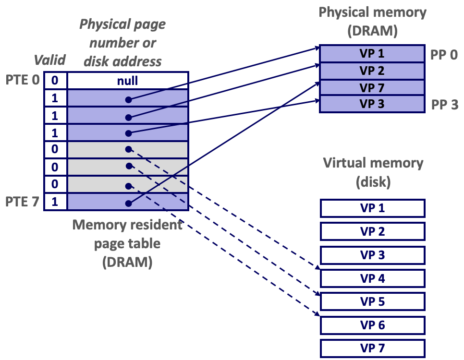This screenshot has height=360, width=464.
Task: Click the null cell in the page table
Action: click(128, 81)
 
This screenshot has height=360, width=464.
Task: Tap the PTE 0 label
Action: click(23, 80)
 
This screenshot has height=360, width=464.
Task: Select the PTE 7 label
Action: click(23, 202)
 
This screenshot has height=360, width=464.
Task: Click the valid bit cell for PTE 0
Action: click(55, 81)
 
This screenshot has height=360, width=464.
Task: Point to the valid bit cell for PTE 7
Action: click(55, 202)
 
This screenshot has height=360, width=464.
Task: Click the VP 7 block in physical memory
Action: click(372, 88)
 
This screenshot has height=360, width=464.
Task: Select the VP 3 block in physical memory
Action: click(372, 104)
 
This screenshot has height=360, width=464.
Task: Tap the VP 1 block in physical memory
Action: click(372, 54)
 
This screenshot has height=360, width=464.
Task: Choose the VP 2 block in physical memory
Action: click(372, 71)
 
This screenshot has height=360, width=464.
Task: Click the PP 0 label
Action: click(444, 54)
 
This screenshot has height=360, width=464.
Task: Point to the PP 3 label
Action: click(444, 104)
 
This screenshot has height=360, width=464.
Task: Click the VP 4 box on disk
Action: click(372, 278)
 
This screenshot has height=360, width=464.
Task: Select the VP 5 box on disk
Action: click(372, 302)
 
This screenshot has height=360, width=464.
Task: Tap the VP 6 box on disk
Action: click(372, 325)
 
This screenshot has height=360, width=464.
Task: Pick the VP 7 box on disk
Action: click(372, 348)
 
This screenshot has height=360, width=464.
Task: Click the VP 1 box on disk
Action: click(372, 208)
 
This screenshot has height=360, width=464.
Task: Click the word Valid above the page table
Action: click(49, 60)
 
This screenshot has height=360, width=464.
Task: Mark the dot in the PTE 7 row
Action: click(128, 204)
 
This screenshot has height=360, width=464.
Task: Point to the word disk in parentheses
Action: click(373, 183)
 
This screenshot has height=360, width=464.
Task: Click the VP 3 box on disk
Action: click(372, 255)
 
